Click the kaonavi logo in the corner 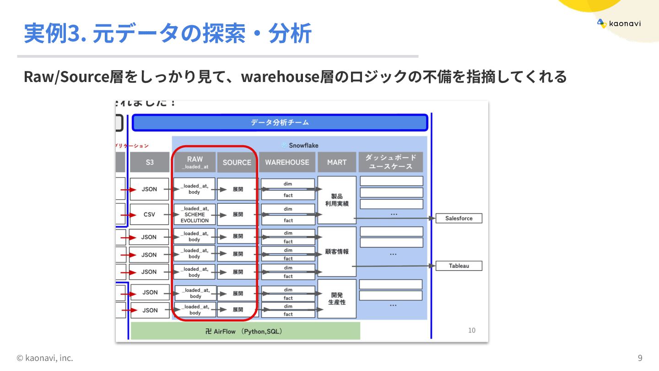click(619, 23)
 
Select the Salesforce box click(459, 218)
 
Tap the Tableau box click(459, 266)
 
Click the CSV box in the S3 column click(149, 214)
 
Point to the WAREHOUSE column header click(287, 162)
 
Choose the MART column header click(336, 162)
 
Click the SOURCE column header click(237, 162)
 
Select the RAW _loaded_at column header click(194, 162)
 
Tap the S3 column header click(150, 162)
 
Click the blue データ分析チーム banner click(280, 123)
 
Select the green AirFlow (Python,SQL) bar click(245, 331)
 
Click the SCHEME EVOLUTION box click(194, 214)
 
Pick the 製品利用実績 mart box click(337, 200)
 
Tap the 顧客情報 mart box click(337, 251)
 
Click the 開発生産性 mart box click(337, 299)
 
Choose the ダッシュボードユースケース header click(390, 162)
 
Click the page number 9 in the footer click(640, 358)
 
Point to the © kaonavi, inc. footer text click(45, 358)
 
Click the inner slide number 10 click(472, 330)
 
